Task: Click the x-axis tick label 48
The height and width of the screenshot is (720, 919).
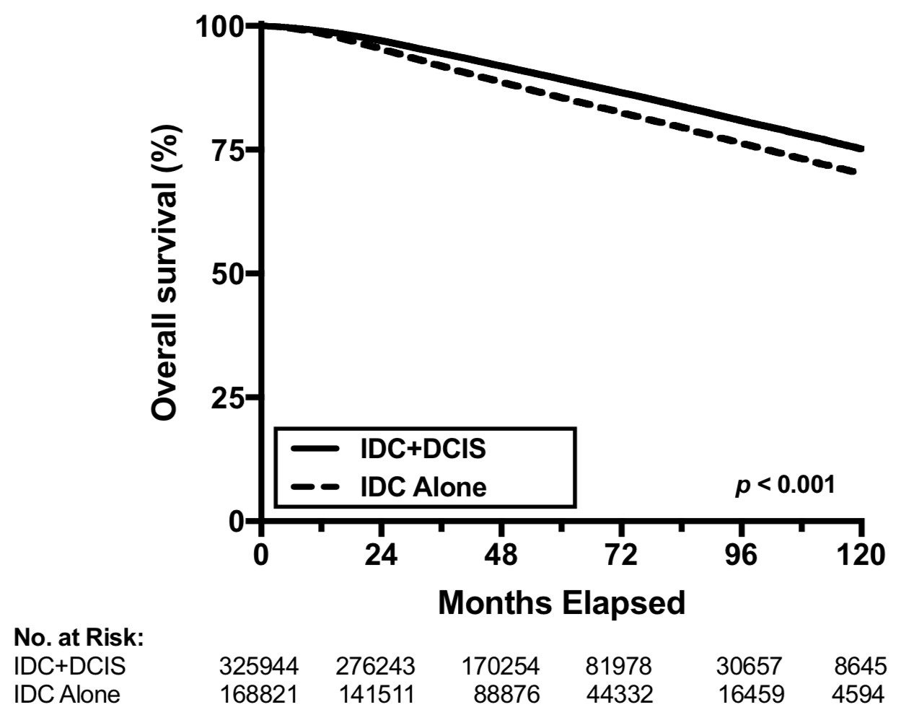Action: click(x=501, y=556)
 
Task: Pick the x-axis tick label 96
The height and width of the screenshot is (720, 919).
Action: click(x=742, y=556)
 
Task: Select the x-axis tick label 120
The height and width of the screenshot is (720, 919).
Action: click(x=860, y=556)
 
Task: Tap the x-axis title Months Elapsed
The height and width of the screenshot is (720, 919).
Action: click(x=561, y=602)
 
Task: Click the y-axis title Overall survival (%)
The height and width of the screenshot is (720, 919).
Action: click(x=165, y=273)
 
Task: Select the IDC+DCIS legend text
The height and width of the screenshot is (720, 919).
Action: click(x=423, y=449)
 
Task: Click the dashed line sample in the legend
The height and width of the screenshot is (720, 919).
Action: click(x=315, y=487)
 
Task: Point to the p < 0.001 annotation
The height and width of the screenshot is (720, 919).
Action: click(x=785, y=485)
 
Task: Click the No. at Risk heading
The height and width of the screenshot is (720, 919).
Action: click(x=79, y=637)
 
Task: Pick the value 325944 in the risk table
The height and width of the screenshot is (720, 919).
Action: click(x=258, y=666)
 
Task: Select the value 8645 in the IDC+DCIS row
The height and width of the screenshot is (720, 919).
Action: click(x=860, y=666)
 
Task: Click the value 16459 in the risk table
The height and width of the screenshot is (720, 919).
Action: click(x=751, y=694)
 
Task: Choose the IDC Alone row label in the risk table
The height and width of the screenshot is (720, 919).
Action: click(x=67, y=694)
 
